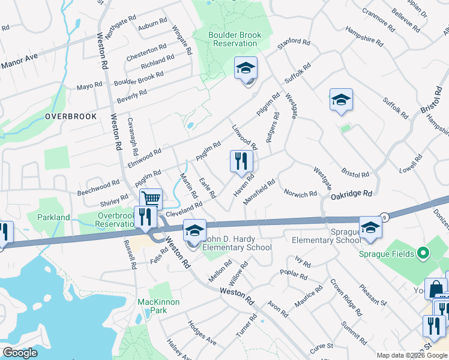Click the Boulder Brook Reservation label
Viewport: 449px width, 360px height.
coord(235,39)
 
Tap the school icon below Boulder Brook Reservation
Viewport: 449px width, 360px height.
coord(246,69)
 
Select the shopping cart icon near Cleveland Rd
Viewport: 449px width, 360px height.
coord(151,199)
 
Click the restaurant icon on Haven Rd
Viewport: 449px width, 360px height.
coord(241,161)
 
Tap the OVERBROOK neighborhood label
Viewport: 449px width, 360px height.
coord(71,116)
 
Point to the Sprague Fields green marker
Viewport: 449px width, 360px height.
coord(424,254)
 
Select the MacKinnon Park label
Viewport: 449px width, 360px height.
coord(158,306)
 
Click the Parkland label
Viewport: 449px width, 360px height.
coord(53,217)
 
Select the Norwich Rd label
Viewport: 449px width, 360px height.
coord(300,194)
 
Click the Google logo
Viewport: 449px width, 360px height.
coord(20,353)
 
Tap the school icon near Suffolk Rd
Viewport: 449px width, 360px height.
coord(340,100)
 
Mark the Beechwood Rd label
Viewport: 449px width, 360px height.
coord(98,188)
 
